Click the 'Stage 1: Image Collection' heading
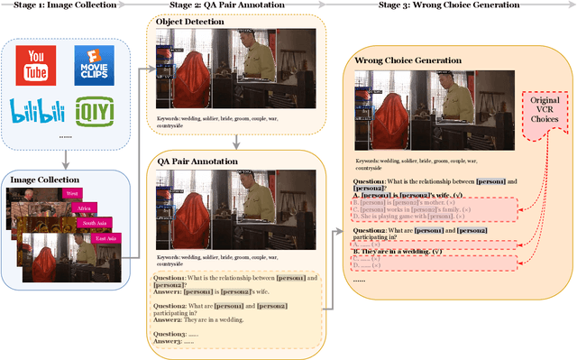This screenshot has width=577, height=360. click(x=60, y=5)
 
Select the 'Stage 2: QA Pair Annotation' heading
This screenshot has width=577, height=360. click(x=227, y=5)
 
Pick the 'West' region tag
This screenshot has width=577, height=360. click(x=72, y=193)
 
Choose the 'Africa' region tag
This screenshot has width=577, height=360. click(x=85, y=208)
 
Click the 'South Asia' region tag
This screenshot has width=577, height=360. click(x=96, y=222)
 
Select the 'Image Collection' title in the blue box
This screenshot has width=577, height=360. click(x=45, y=180)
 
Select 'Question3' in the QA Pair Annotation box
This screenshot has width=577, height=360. click(x=170, y=333)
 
